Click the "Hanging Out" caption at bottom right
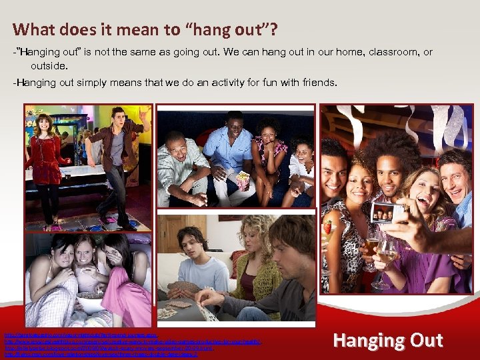pos(387,340)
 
